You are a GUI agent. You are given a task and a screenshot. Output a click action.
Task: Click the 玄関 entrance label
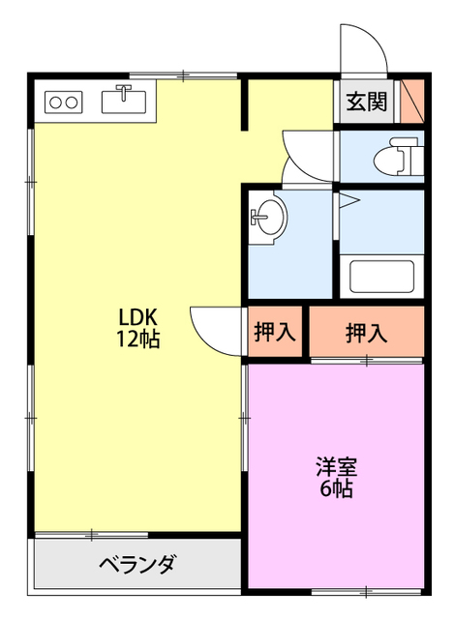367,101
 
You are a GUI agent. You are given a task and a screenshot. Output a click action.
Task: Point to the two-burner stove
63,101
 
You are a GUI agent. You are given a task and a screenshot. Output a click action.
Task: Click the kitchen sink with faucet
124,100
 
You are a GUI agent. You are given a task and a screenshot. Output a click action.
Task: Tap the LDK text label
137,317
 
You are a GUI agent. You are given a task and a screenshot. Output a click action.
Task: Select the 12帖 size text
137,339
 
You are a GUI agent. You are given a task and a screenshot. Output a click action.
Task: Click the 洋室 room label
336,466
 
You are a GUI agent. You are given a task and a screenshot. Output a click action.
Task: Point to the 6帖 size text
336,488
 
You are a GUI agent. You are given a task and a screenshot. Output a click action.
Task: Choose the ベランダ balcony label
136,564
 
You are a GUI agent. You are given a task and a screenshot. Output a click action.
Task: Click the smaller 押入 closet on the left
274,333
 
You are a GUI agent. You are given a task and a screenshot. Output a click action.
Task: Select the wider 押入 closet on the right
366,333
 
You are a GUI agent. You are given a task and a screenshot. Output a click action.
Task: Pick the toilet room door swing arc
305,150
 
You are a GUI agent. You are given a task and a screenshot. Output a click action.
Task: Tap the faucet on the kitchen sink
124,92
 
